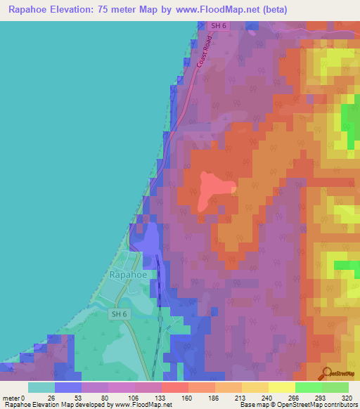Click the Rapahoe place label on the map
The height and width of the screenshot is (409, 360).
pos(127,275)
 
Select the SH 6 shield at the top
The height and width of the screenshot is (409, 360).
pos(219,26)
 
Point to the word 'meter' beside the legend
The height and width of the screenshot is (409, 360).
pos(11,397)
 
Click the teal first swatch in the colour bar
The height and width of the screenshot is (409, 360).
pos(41,387)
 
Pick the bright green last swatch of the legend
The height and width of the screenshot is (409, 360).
pos(335,387)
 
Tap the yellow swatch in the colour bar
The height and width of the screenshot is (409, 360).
pos(282,387)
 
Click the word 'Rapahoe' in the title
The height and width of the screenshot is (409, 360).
pos(32,10)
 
